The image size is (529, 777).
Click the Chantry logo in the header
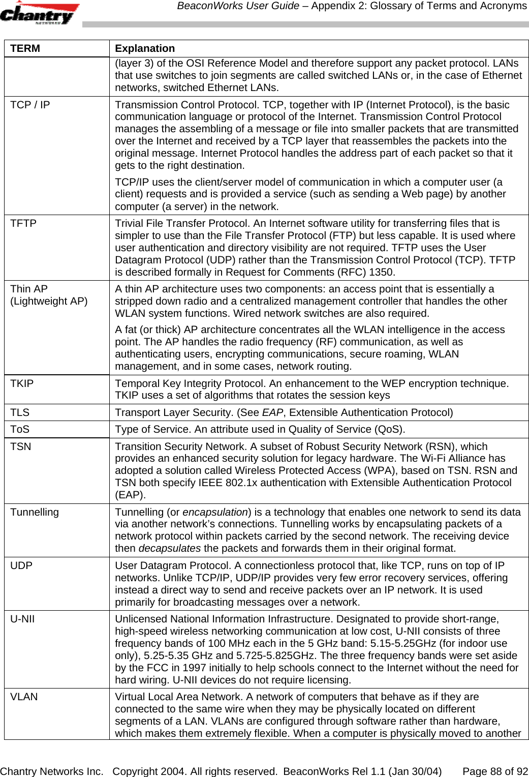[x=39, y=14]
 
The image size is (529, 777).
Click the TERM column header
[x=25, y=48]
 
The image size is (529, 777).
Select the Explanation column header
[x=145, y=48]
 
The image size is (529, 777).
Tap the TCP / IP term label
[x=30, y=105]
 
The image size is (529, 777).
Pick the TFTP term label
[x=23, y=223]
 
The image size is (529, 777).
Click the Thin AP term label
[x=29, y=289]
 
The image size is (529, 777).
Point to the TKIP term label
[x=22, y=383]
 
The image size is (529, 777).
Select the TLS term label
[x=20, y=412]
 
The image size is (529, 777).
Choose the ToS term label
[x=20, y=429]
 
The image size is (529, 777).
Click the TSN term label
[x=21, y=446]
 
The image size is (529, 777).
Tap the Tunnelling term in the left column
[x=35, y=512]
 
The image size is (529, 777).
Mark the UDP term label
[x=21, y=565]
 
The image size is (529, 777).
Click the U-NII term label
[x=22, y=619]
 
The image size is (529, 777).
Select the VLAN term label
[x=24, y=697]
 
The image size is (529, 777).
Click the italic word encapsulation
[x=215, y=512]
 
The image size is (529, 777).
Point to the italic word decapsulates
[x=170, y=548]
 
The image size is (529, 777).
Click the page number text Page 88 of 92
[x=495, y=771]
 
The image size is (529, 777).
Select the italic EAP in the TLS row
[x=272, y=412]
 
